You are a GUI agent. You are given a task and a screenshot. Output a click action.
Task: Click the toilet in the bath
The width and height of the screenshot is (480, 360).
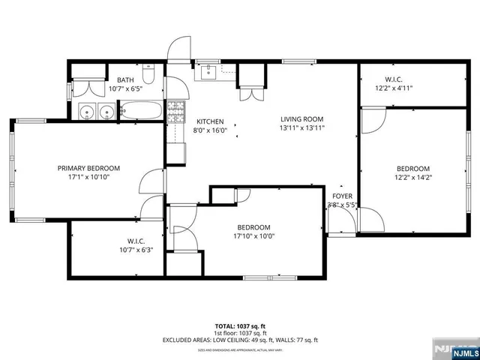click(149, 75)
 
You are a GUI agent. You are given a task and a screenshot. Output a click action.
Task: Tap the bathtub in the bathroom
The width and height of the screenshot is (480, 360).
click(141, 113)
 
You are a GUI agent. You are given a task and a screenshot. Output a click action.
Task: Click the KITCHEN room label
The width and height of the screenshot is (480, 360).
click(210, 121)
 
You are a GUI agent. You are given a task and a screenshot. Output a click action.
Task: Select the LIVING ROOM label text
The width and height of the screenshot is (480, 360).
click(301, 119)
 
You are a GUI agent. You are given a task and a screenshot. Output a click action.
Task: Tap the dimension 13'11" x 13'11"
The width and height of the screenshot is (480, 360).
click(301, 128)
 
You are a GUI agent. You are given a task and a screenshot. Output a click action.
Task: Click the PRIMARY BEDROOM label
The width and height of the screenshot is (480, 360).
click(88, 168)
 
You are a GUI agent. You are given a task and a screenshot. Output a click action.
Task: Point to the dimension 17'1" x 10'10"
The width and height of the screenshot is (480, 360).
click(88, 178)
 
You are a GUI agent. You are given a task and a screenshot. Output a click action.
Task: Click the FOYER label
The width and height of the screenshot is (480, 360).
click(342, 196)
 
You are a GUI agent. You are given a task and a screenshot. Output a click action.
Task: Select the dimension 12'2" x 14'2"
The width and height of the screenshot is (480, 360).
click(413, 178)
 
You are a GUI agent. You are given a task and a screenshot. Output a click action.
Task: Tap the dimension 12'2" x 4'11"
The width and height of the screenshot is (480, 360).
click(394, 88)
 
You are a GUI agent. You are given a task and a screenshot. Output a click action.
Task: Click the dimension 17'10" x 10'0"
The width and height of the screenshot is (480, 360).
click(253, 236)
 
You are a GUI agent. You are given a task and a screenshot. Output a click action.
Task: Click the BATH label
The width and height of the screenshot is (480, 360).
click(124, 79)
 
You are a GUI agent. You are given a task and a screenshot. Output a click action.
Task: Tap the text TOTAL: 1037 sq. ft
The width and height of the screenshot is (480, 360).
click(239, 326)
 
